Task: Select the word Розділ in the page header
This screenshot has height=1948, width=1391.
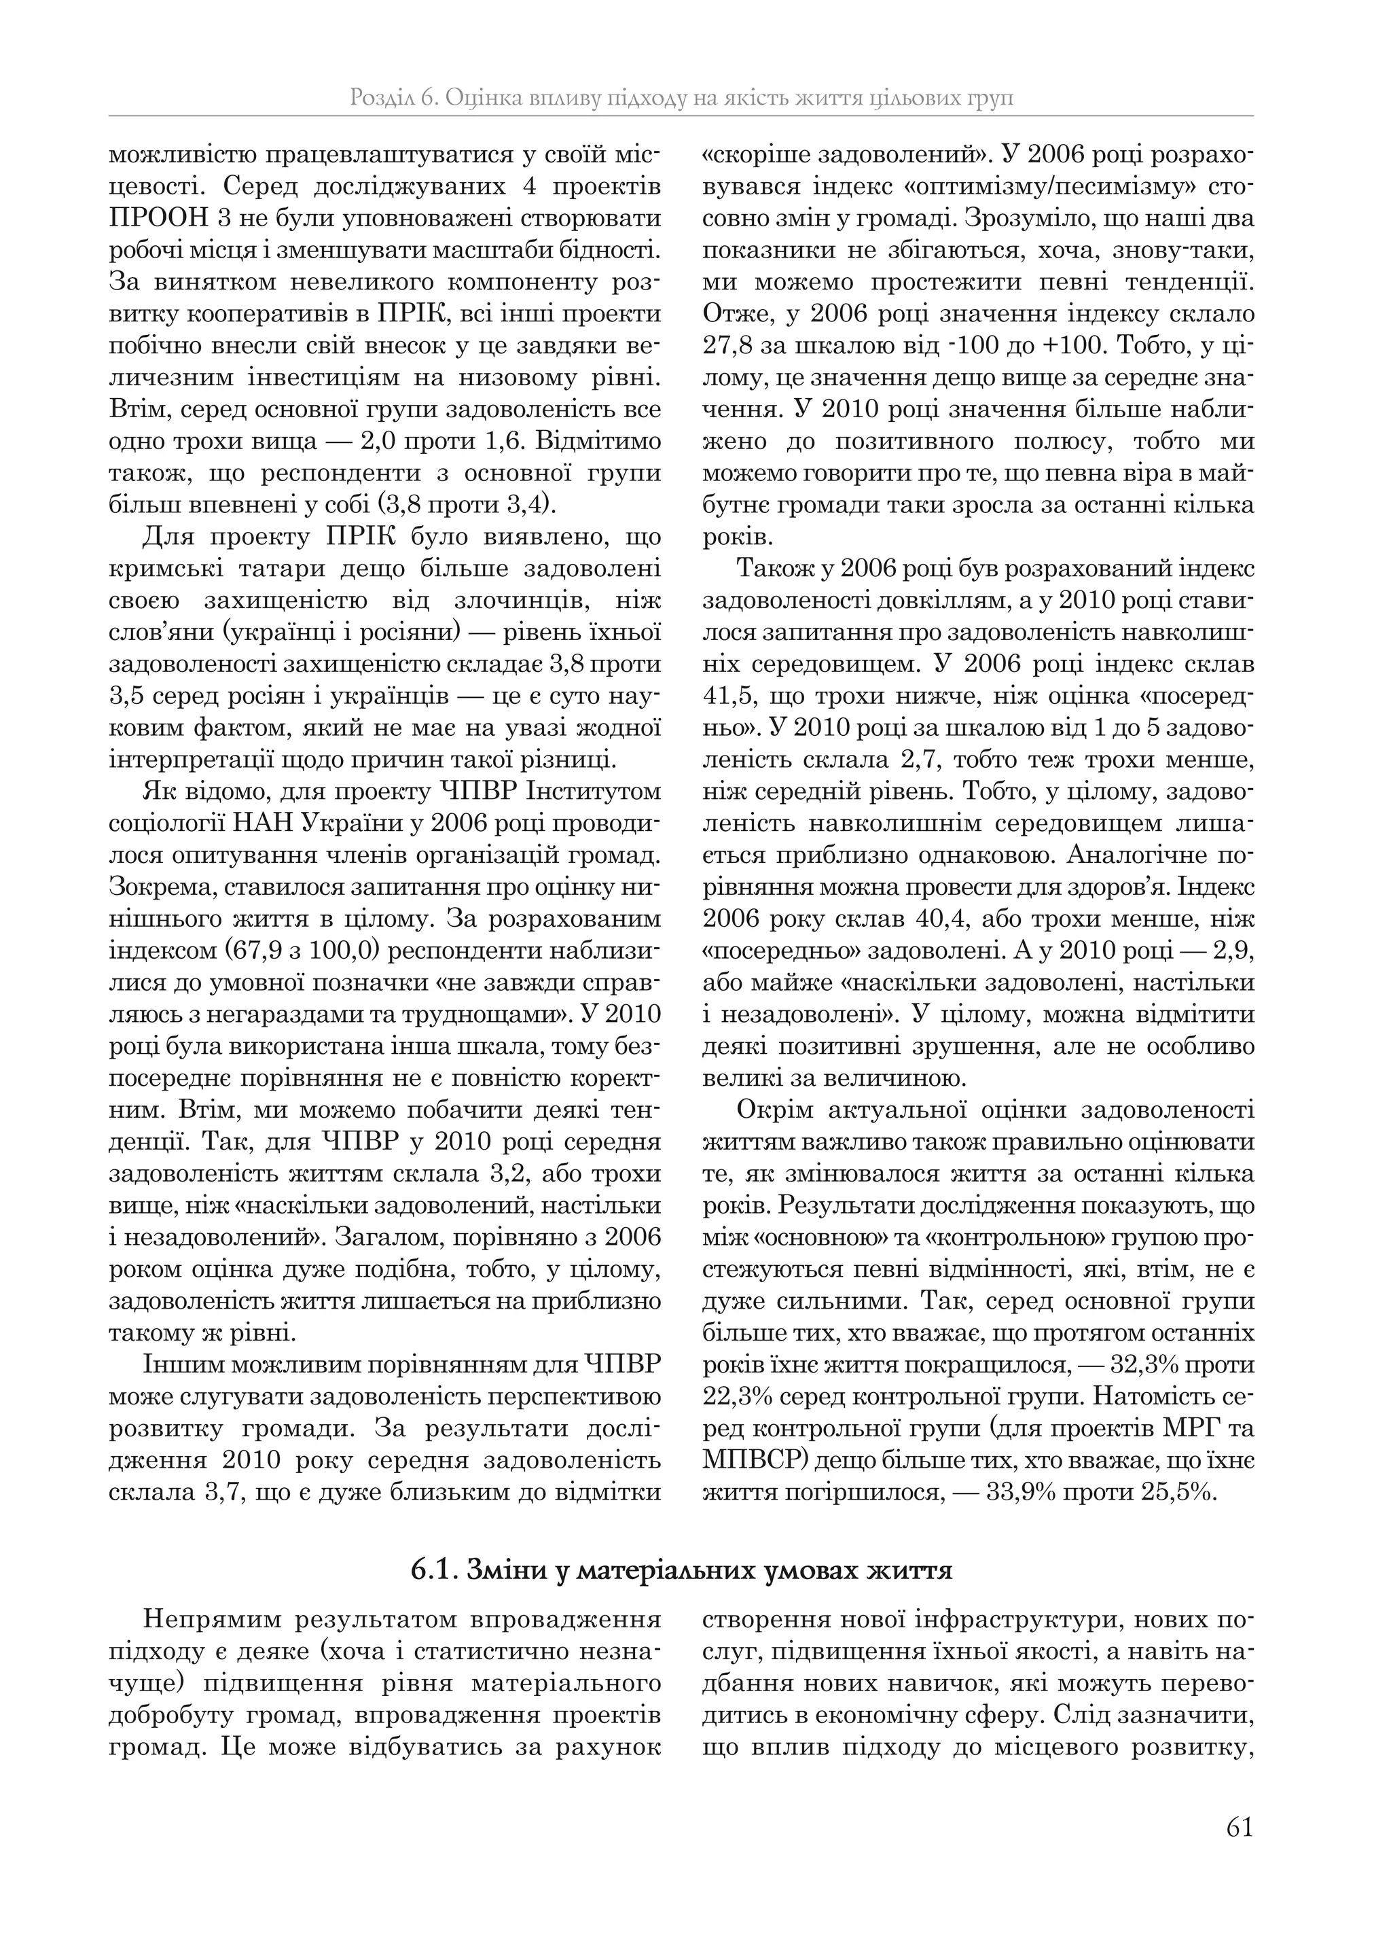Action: tap(380, 98)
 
